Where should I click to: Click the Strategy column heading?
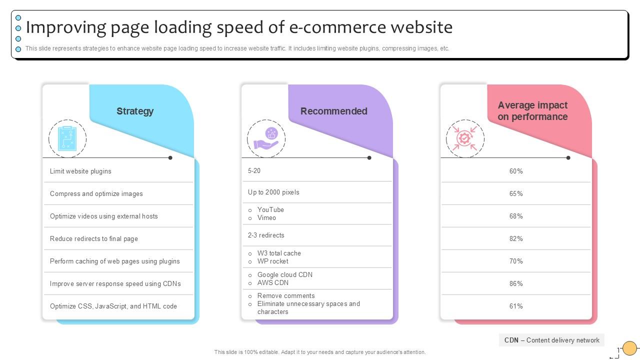(135, 111)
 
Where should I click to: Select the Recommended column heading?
(333, 111)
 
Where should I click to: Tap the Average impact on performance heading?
(532, 111)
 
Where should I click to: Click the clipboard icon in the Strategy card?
(67, 138)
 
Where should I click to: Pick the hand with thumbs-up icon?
(266, 138)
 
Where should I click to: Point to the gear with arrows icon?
(465, 138)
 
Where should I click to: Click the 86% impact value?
(516, 283)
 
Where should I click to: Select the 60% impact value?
(516, 171)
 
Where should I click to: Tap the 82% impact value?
(516, 238)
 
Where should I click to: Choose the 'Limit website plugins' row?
(80, 171)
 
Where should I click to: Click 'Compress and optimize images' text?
(96, 193)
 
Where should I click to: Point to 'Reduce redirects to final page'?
(93, 238)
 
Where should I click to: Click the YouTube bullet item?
(270, 209)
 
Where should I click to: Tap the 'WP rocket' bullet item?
(272, 261)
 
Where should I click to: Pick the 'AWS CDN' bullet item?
(272, 282)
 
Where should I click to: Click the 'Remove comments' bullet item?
(286, 295)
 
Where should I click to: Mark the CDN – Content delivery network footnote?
(551, 340)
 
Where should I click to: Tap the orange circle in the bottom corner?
(629, 348)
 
